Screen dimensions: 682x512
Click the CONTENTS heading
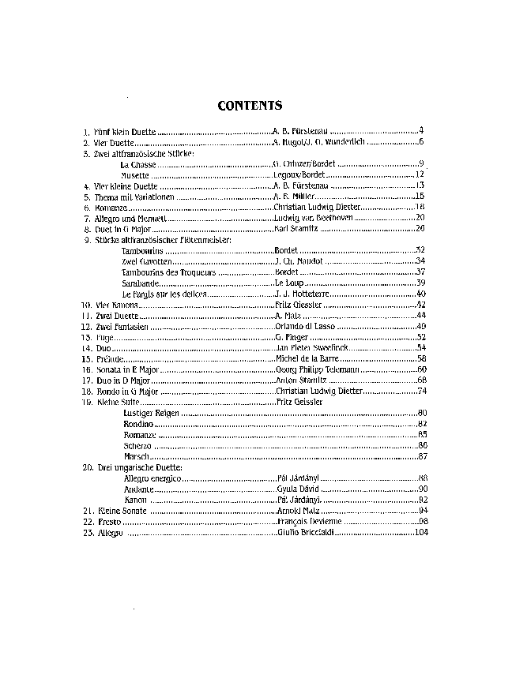(x=250, y=105)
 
